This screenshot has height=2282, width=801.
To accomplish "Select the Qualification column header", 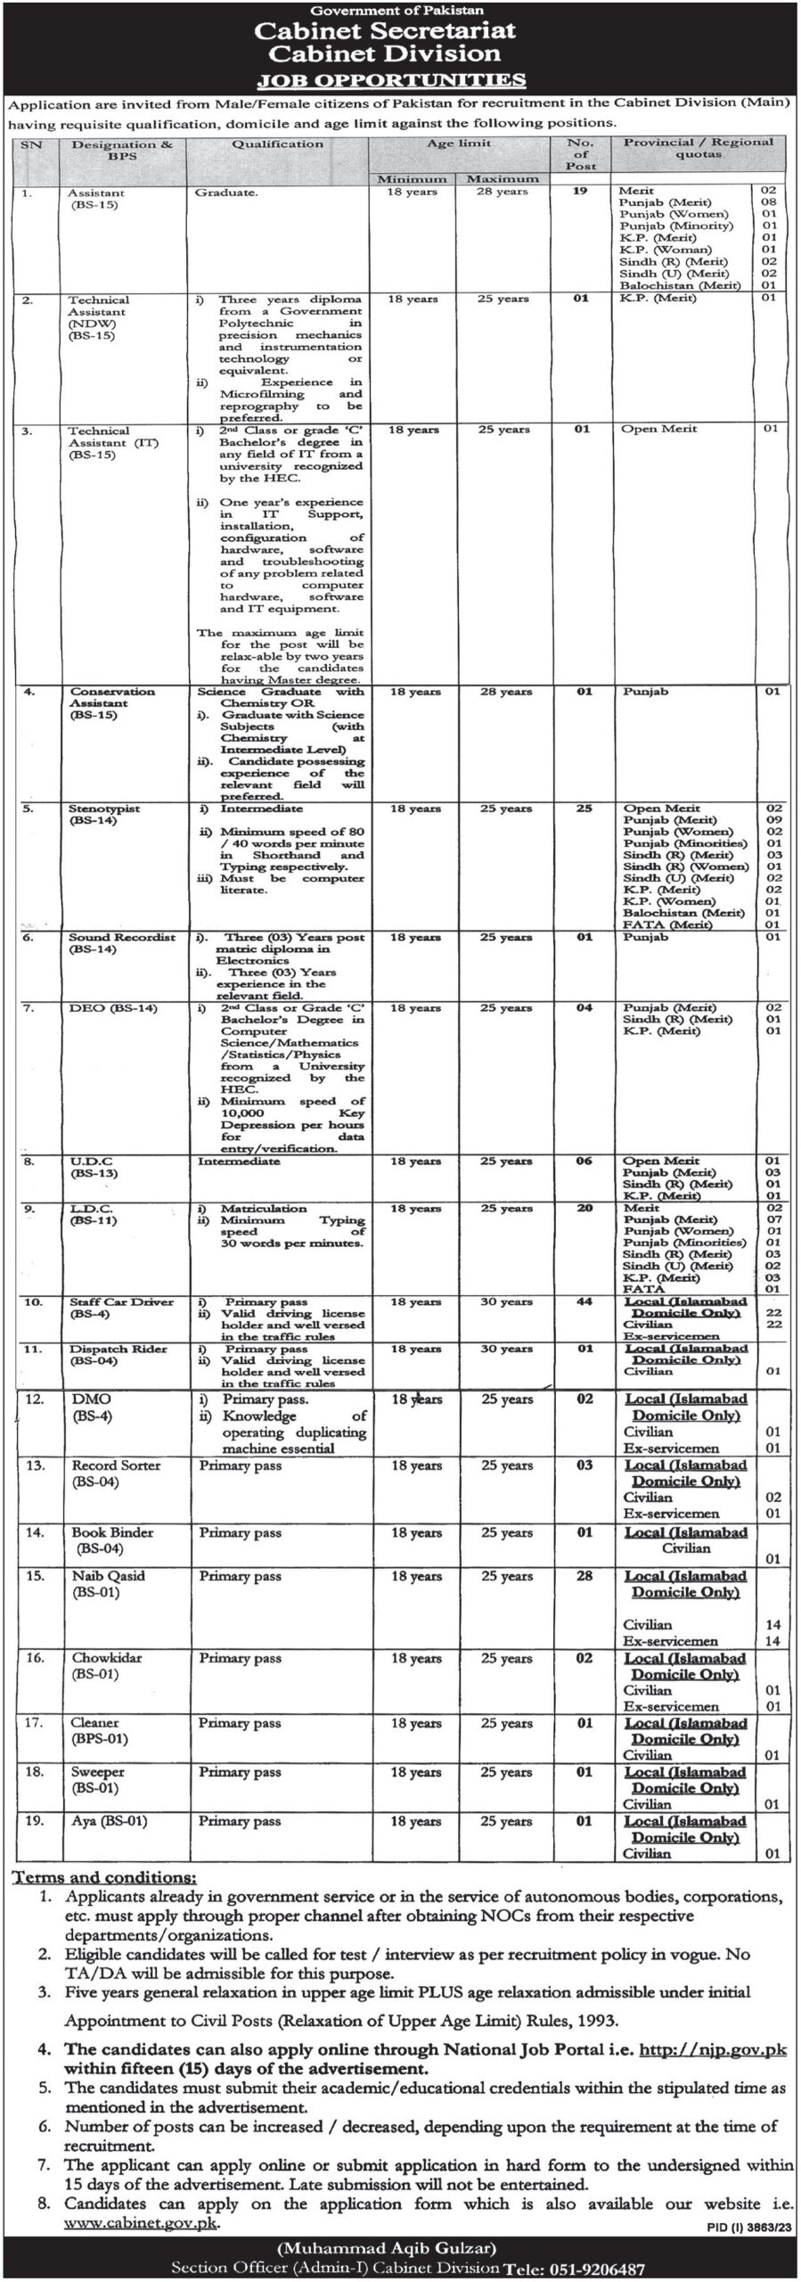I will tap(277, 144).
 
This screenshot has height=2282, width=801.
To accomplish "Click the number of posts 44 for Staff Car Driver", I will tap(584, 1302).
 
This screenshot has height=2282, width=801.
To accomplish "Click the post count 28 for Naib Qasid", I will tap(584, 1576).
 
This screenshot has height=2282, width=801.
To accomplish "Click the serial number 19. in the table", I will tap(34, 1822).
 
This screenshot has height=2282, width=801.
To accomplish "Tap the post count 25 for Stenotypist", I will tap(584, 809).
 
